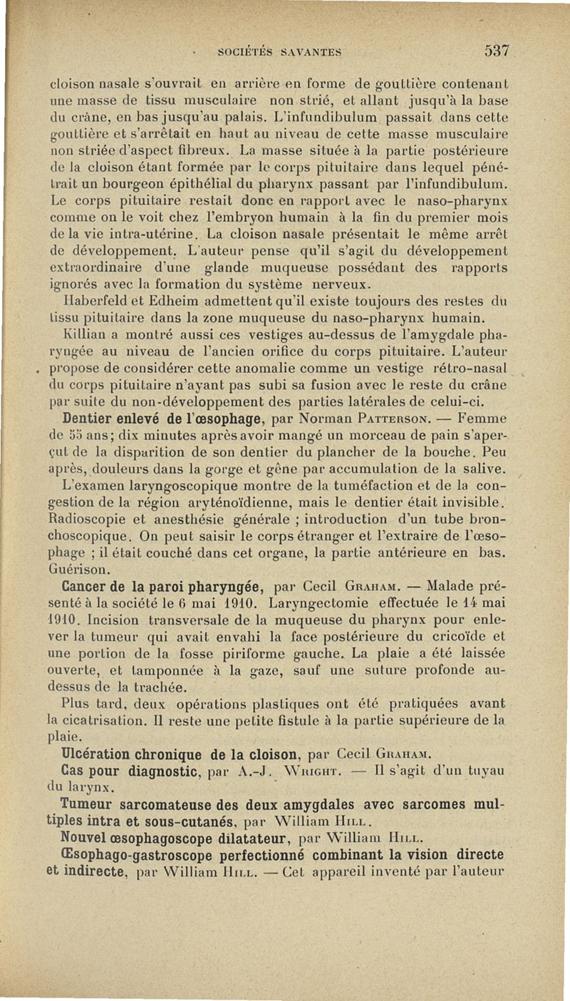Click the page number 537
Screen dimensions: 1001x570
pyautogui.click(x=497, y=51)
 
